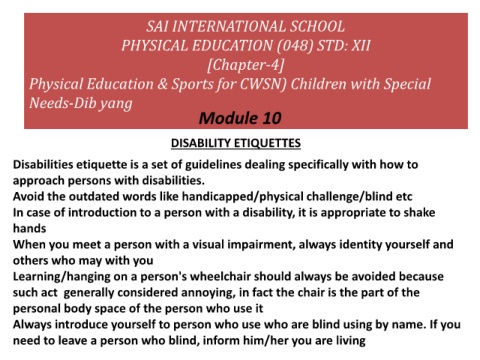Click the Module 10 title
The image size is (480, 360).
click(240, 119)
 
